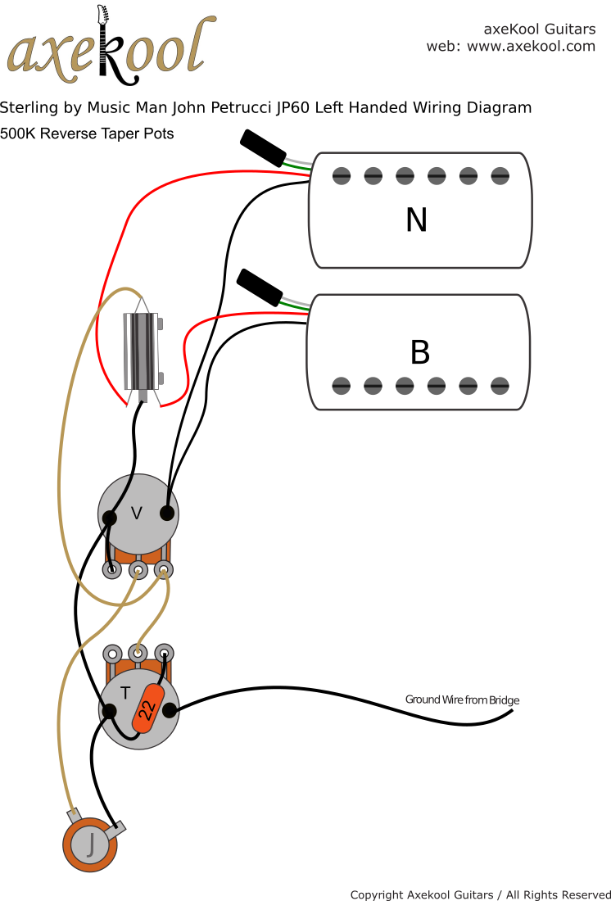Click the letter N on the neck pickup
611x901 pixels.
point(416,220)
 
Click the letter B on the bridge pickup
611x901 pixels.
point(419,352)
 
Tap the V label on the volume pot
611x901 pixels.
point(137,514)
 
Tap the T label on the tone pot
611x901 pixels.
point(125,693)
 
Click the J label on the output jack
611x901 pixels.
point(91,843)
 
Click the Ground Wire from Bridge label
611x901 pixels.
point(462,700)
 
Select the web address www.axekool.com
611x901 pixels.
point(531,47)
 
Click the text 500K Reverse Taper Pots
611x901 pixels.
point(87,134)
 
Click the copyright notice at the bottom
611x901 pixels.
point(481,894)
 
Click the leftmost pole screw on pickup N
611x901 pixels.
point(342,174)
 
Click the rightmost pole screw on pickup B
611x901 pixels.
point(500,385)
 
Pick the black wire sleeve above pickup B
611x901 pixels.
point(260,287)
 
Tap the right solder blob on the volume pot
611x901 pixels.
point(167,514)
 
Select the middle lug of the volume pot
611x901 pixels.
point(138,569)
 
